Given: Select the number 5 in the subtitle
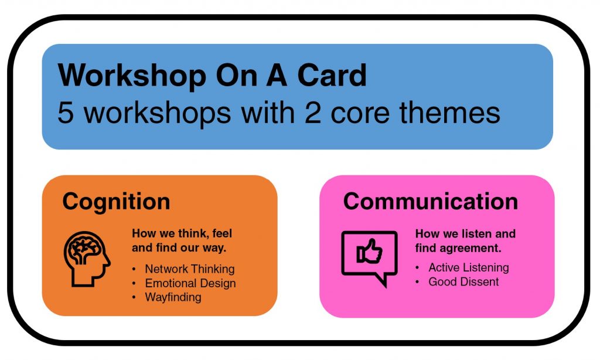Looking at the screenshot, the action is coord(66,113).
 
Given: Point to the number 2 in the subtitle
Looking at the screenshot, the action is coord(313,113).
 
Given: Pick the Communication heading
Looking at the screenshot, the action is coord(431,202).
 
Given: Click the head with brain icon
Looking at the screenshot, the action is coord(87,259).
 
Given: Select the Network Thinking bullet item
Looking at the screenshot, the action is coord(190,269).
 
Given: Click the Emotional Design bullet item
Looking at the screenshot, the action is coord(190,283).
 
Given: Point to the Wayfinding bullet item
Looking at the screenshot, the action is coord(173,297).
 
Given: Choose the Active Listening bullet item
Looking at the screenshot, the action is coord(469,267).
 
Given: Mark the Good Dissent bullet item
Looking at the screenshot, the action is coord(463,282).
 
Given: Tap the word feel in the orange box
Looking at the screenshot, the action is coord(222,233).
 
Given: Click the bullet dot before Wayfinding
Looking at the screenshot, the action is coord(134,298).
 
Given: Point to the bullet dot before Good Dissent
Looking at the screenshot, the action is coord(417,282).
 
